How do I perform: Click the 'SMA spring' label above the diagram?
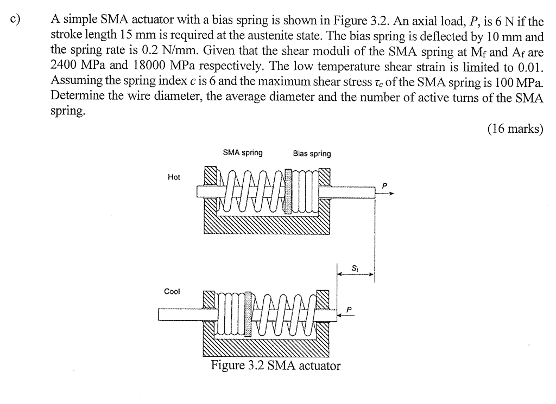pos(243,153)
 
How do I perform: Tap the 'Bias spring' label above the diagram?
pos(312,153)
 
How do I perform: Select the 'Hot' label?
pos(174,177)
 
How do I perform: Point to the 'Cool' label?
pos(172,291)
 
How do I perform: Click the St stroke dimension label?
pos(355,267)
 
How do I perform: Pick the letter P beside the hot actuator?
pos(384,185)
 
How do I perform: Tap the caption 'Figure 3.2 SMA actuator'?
pos(276,365)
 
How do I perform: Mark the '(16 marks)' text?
pos(515,129)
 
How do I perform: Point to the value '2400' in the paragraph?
pos(65,66)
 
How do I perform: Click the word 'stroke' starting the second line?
pos(66,37)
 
